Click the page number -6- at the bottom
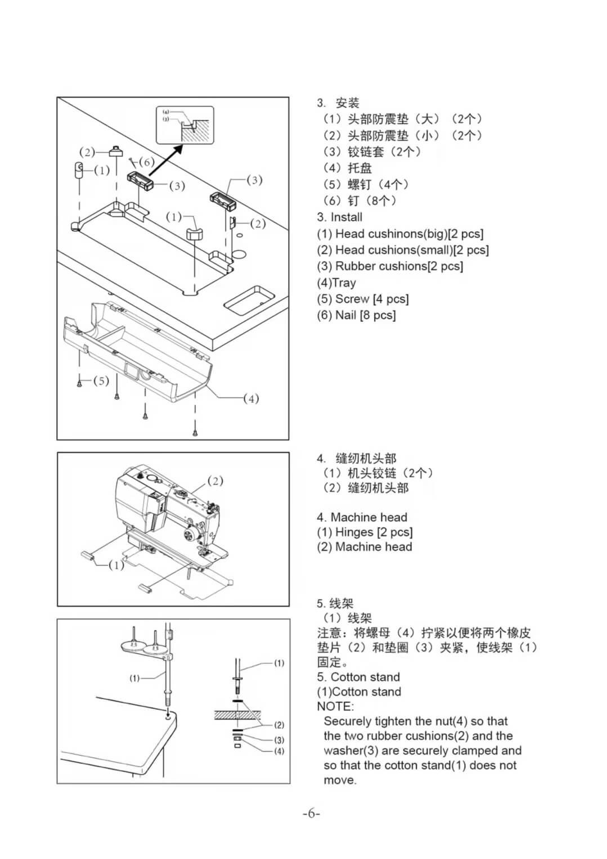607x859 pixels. [311, 813]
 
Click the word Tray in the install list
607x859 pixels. [344, 283]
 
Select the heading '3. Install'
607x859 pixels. [339, 217]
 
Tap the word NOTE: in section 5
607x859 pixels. [335, 707]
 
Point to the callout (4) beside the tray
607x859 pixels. [251, 399]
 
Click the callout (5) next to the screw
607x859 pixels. [101, 381]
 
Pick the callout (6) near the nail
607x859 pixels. [146, 162]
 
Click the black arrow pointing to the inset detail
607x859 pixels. [167, 159]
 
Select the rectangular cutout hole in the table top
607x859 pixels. [249, 299]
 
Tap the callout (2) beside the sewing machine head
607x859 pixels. [215, 480]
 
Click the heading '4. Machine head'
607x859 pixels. [362, 518]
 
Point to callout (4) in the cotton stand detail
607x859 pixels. [279, 752]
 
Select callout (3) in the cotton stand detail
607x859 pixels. [279, 740]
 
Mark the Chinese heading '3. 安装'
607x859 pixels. [338, 103]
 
